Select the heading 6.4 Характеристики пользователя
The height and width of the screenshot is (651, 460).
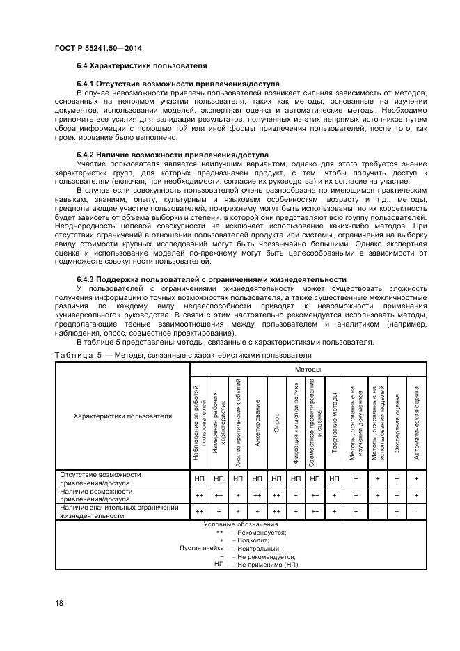click(x=141, y=65)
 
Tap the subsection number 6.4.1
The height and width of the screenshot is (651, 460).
click(x=88, y=84)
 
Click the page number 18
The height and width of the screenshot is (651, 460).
click(x=58, y=603)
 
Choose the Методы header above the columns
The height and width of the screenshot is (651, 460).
click(x=307, y=370)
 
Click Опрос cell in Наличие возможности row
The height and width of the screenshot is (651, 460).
click(x=277, y=495)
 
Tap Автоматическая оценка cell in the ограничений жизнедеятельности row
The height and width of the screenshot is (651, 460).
click(x=416, y=512)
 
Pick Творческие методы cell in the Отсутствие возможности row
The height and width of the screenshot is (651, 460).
click(x=335, y=479)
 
